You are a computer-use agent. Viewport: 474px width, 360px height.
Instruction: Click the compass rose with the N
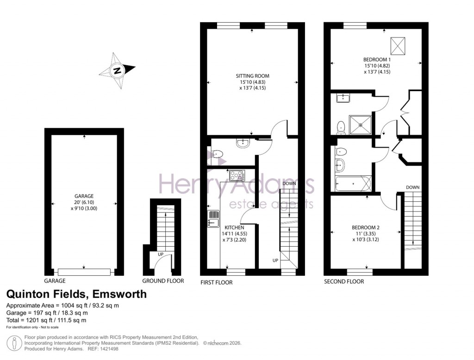pyautogui.click(x=117, y=71)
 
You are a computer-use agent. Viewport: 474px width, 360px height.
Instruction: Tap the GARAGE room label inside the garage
pyautogui.click(x=84, y=196)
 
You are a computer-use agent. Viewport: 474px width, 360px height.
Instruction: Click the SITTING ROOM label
pyautogui.click(x=252, y=75)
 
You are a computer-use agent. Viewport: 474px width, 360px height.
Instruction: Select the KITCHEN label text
pyautogui.click(x=234, y=228)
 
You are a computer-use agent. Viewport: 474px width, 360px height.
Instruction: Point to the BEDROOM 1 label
pyautogui.click(x=377, y=60)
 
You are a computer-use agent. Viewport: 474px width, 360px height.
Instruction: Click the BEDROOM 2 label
pyautogui.click(x=366, y=227)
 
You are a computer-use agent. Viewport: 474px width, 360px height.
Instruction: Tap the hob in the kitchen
pyautogui.click(x=237, y=175)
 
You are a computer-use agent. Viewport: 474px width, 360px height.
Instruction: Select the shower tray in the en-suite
pyautogui.click(x=359, y=123)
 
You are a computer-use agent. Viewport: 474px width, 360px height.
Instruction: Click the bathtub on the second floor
pyautogui.click(x=352, y=184)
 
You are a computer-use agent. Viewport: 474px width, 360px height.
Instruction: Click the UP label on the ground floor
pyautogui.click(x=161, y=254)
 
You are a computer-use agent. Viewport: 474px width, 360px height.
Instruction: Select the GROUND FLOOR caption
pyautogui.click(x=163, y=281)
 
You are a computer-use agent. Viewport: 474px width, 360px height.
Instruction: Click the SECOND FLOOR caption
pyautogui.click(x=344, y=281)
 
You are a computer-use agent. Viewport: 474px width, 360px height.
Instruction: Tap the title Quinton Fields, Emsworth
pyautogui.click(x=76, y=294)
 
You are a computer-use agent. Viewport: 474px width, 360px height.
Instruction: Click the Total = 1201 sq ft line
pyautogui.click(x=46, y=320)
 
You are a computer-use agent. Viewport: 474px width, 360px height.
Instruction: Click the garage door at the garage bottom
pyautogui.click(x=84, y=272)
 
